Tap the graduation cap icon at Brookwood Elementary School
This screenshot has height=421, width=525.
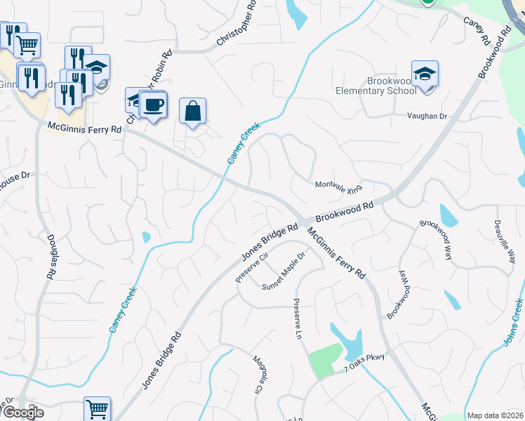point(425,74)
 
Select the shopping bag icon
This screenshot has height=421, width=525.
point(192,111)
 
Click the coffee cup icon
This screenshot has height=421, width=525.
point(153,105)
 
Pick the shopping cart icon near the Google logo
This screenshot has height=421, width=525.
point(97,408)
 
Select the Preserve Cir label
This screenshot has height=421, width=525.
point(252,267)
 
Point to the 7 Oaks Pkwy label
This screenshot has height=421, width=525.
point(364,359)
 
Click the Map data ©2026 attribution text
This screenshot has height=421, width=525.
point(494,415)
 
